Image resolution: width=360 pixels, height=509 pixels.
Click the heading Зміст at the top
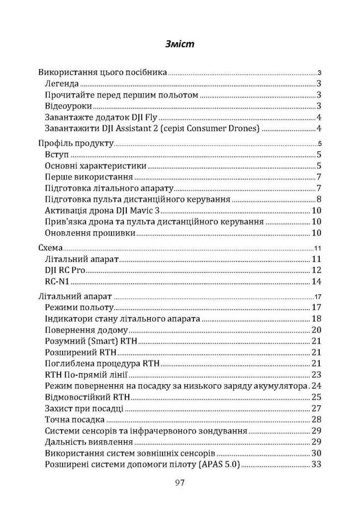[x=180, y=44]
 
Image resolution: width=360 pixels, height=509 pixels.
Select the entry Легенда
[x=61, y=84]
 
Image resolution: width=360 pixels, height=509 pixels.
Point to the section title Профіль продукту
[x=76, y=144]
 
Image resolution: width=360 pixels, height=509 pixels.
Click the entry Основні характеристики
[x=96, y=166]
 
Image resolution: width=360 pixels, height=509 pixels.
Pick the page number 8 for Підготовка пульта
[x=318, y=199]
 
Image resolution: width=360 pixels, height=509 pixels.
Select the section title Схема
[x=50, y=248]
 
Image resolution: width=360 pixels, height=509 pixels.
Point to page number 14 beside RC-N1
[x=316, y=281]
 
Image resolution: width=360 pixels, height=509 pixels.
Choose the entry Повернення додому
[x=84, y=330]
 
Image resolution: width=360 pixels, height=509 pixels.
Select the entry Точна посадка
[x=75, y=419]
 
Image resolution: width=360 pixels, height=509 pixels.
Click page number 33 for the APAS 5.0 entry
[x=316, y=464]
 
